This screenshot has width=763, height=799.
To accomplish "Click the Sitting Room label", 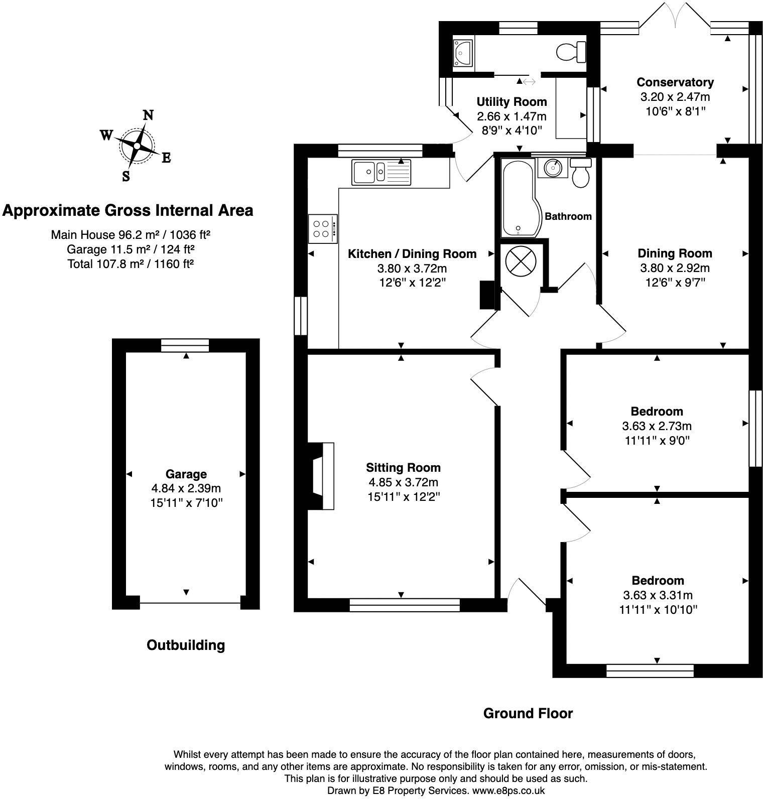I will (403, 468).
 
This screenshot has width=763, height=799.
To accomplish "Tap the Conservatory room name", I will (675, 82).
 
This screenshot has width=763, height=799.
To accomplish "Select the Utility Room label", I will (512, 102).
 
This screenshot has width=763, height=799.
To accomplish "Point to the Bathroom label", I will (568, 216).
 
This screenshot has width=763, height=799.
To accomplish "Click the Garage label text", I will (186, 474).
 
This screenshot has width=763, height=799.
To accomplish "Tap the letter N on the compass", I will (148, 115).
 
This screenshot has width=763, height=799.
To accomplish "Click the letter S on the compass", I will (126, 176).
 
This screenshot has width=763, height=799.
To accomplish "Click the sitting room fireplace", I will (322, 476).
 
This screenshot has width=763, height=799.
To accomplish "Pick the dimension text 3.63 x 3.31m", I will (658, 595).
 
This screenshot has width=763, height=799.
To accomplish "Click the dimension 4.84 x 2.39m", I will (186, 488).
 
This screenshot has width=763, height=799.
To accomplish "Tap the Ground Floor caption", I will (528, 713).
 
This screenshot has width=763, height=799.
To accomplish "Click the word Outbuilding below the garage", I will (185, 645).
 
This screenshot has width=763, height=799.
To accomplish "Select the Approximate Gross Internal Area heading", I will (128, 210).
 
